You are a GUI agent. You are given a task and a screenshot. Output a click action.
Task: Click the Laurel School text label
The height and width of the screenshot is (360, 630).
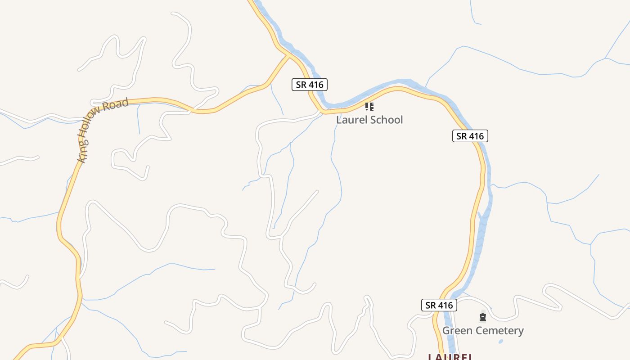click(x=369, y=120)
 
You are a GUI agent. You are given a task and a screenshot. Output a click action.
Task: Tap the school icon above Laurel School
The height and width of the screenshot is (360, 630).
click(x=369, y=107)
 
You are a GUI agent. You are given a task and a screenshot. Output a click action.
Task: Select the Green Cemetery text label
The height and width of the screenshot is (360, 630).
click(x=483, y=331)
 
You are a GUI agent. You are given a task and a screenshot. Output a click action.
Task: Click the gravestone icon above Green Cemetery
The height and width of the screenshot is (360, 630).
click(x=483, y=318)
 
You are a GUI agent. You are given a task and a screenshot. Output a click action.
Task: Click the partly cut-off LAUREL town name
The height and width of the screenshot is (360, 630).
click(x=450, y=357)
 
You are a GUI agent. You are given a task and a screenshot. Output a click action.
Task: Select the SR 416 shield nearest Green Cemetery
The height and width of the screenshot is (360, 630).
click(x=439, y=305)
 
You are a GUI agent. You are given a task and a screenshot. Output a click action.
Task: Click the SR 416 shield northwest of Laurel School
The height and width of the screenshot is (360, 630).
click(x=310, y=84)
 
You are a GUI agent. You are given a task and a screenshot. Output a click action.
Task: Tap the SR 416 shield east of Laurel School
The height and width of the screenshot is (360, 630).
click(x=470, y=136)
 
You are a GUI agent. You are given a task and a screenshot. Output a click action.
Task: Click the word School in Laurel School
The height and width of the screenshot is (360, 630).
click(x=386, y=120)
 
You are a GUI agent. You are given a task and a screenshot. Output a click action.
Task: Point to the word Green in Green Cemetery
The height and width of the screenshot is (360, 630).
click(x=455, y=331)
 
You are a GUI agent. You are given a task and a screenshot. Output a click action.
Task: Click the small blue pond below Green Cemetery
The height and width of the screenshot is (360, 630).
click(x=501, y=342)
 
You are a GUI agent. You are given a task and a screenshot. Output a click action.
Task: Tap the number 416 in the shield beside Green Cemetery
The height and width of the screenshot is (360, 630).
click(x=445, y=305)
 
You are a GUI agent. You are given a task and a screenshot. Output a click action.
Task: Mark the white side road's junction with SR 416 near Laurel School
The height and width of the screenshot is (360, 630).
click(x=323, y=111)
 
